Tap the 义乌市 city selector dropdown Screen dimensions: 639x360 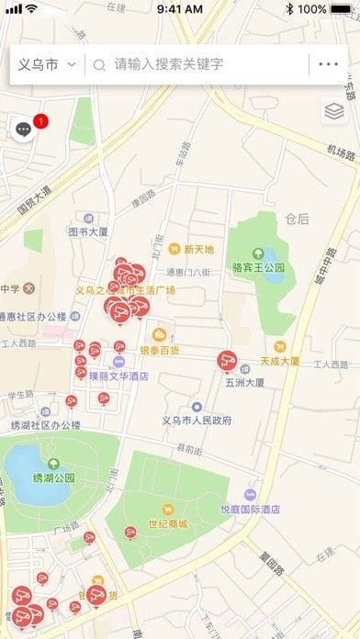[46, 65]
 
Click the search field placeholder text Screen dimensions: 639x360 [168, 65]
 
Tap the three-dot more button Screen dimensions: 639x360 [328, 64]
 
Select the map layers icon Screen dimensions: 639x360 [333, 112]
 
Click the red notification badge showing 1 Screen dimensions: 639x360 [40, 121]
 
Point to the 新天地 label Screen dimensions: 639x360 [198, 249]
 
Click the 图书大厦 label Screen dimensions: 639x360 [88, 232]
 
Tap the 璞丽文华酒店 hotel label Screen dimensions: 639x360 [118, 376]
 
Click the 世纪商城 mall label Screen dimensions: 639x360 [168, 523]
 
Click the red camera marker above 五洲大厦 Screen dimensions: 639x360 [227, 361]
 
